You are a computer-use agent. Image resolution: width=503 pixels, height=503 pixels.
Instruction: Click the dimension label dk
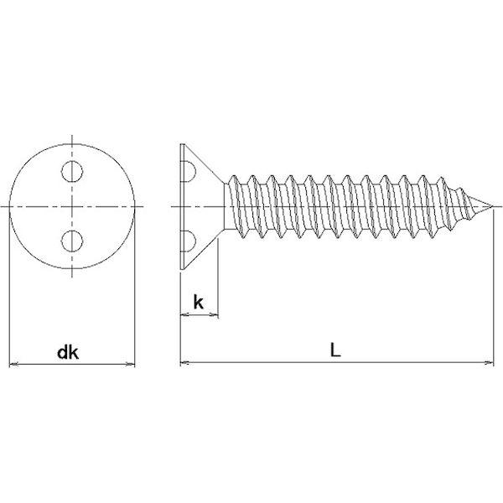[68, 353]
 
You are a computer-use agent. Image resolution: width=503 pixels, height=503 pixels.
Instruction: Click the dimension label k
[198, 302]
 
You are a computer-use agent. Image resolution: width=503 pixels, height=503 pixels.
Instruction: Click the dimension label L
[335, 350]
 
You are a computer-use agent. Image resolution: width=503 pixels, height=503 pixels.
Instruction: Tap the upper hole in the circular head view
[72, 171]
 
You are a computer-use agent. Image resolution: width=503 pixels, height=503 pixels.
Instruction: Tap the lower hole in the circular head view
[72, 241]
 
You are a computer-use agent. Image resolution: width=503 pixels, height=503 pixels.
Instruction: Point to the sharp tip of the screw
[493, 206]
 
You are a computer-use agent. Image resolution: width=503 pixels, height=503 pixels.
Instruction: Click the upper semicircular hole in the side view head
[189, 172]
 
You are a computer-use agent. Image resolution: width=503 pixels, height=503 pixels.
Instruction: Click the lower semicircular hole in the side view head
[189, 241]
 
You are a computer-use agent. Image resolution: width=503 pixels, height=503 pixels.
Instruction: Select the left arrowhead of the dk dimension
[13, 364]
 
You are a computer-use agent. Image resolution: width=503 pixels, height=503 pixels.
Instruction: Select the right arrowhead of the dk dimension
[131, 364]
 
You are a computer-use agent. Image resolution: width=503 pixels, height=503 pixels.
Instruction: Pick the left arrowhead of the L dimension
[184, 363]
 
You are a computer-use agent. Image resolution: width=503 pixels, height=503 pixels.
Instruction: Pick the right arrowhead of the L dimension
[490, 363]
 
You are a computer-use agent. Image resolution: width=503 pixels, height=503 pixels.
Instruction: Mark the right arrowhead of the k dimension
[215, 314]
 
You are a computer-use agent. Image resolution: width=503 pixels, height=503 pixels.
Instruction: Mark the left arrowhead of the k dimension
[184, 314]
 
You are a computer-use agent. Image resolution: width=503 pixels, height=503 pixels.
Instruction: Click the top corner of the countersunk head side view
[182, 144]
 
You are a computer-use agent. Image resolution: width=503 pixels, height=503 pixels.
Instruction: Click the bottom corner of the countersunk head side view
[182, 269]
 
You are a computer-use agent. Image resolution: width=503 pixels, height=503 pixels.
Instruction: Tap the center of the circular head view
[72, 206]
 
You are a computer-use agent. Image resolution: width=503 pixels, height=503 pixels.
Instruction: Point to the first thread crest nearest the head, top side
[234, 176]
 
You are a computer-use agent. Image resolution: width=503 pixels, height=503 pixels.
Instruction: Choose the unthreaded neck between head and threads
[227, 206]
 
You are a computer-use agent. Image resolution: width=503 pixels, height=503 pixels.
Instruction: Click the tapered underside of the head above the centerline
[204, 163]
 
